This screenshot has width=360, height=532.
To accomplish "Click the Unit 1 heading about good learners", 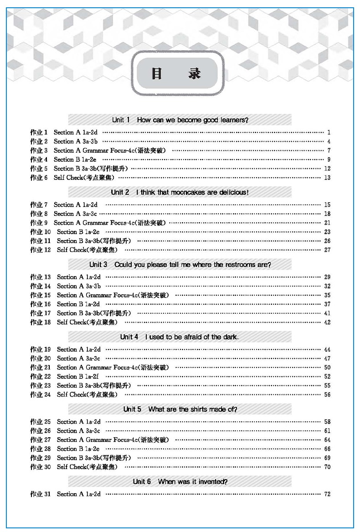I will tap(180, 120).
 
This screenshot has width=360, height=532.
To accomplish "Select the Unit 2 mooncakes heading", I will tap(180, 192).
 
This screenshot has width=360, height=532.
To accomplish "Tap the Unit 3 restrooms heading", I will tap(180, 265).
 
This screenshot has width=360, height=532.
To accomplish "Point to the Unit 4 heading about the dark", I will tap(180, 337).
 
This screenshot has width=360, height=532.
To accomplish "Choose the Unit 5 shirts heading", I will tap(180, 409).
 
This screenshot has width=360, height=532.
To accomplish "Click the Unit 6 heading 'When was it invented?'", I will tap(180, 481).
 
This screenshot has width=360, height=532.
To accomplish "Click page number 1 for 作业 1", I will tap(328, 133).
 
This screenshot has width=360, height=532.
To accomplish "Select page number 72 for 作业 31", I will tap(327, 494).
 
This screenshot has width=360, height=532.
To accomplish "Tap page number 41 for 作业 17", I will tap(327, 313).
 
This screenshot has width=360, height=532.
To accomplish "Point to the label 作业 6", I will tap(39, 178).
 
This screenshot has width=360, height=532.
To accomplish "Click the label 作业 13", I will tap(40, 277).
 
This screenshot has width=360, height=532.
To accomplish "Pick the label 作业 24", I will tap(40, 394).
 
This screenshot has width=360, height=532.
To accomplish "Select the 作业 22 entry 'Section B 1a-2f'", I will tap(77, 377).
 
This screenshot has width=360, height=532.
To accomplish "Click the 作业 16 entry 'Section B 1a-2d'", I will tap(78, 304).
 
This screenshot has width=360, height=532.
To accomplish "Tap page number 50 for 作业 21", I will tap(327, 368).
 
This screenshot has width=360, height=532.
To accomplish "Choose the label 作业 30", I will tap(40, 467).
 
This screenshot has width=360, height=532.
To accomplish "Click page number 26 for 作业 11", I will tap(327, 241).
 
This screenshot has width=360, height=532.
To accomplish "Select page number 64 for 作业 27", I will tap(327, 440).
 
